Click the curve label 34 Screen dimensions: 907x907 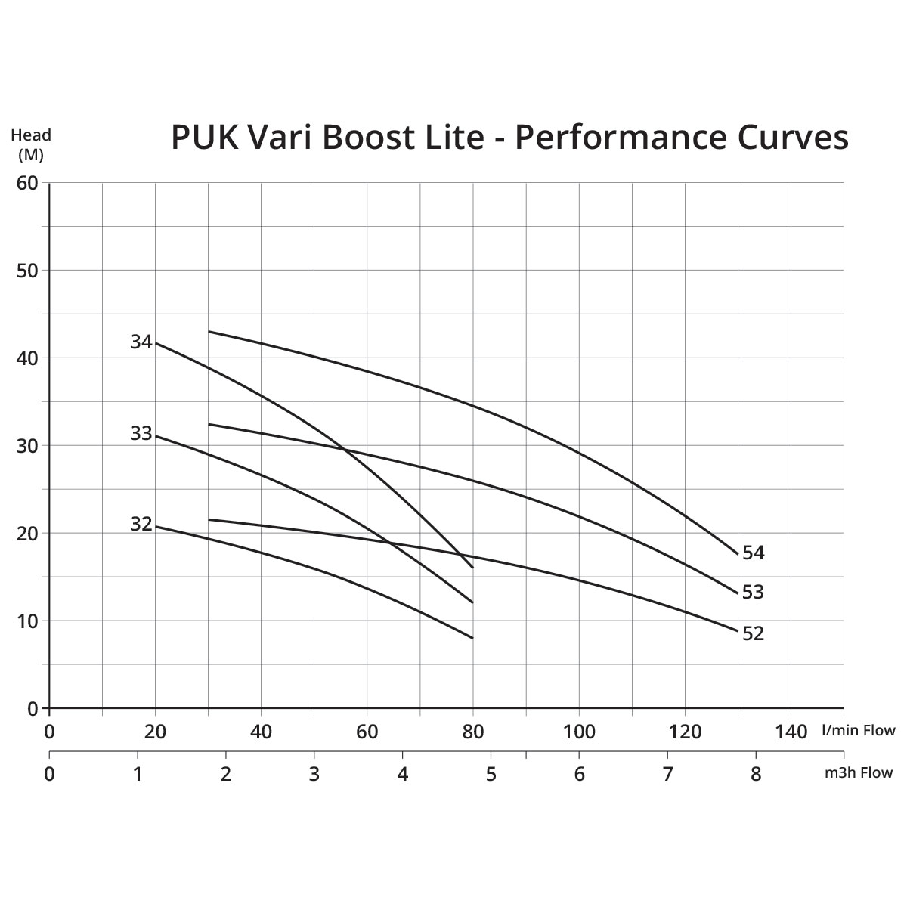click(x=141, y=342)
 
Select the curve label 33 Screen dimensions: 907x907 click(x=141, y=434)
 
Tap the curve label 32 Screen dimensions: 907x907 click(x=141, y=524)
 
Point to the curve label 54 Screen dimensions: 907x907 click(x=754, y=553)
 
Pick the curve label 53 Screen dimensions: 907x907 click(x=753, y=592)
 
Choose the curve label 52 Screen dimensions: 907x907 click(x=754, y=633)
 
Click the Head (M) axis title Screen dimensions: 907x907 click(x=31, y=144)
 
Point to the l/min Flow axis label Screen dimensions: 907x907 click(x=858, y=730)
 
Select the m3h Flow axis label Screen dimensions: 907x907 click(x=858, y=772)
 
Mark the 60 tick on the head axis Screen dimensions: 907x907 click(x=27, y=183)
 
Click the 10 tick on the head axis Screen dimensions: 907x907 click(x=27, y=621)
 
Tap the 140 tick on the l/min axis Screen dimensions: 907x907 click(x=791, y=732)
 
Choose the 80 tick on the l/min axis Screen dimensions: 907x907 click(x=473, y=732)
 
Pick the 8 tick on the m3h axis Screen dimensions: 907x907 click(x=756, y=774)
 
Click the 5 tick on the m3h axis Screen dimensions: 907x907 click(x=491, y=774)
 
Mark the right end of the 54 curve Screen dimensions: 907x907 click(x=737, y=554)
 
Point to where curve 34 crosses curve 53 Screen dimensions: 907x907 click(x=345, y=450)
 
